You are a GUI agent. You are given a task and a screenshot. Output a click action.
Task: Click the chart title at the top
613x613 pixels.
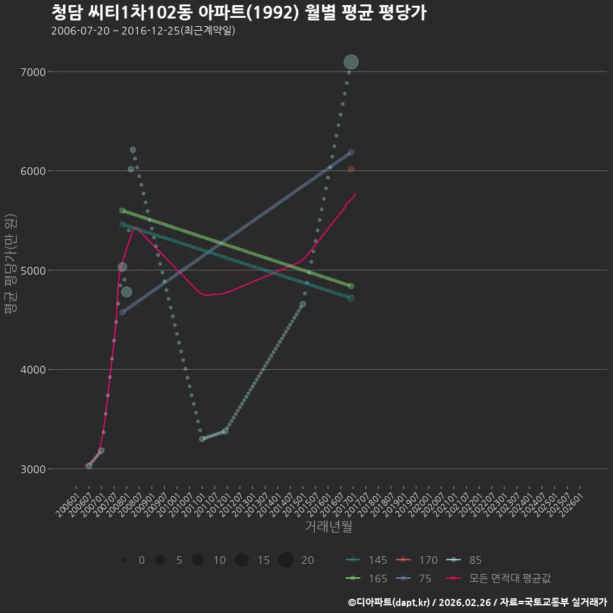coord(239,13)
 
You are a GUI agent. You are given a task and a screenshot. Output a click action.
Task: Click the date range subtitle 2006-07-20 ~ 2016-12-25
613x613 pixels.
coord(143,31)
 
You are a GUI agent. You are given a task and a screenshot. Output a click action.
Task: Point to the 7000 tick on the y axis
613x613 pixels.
coord(33,72)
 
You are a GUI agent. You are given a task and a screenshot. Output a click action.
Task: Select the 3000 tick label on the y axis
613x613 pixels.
coord(33,469)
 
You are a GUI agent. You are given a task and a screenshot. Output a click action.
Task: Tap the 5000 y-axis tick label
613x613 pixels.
coord(33,271)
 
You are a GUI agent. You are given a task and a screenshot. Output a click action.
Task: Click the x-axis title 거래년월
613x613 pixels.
coord(328,526)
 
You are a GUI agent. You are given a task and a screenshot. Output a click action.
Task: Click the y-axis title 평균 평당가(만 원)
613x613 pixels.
coord(11,264)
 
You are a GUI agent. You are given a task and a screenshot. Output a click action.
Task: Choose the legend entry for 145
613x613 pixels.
coord(367,560)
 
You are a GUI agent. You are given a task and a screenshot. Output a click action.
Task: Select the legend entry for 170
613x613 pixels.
coord(417,560)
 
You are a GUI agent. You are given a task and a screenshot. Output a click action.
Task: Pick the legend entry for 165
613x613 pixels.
coord(367,579)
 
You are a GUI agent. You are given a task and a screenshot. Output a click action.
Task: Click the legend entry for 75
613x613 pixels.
coord(414,579)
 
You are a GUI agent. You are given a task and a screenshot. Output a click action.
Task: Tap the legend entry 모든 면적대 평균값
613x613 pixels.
coord(499,579)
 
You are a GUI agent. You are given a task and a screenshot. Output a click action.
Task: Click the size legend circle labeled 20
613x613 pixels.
coord(286,560)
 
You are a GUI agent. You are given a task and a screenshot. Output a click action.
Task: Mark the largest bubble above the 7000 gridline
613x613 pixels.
coord(351,62)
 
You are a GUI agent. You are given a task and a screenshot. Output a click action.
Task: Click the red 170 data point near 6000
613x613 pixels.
coord(351,169)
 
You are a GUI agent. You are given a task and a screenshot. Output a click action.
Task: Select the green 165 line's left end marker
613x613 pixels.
coord(123,211)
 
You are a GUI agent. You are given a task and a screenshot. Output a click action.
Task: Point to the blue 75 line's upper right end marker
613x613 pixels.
coord(351,153)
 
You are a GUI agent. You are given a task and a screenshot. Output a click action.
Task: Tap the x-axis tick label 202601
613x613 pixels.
coord(572,504)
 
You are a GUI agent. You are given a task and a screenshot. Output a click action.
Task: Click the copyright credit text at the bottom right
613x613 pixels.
coord(478,602)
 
